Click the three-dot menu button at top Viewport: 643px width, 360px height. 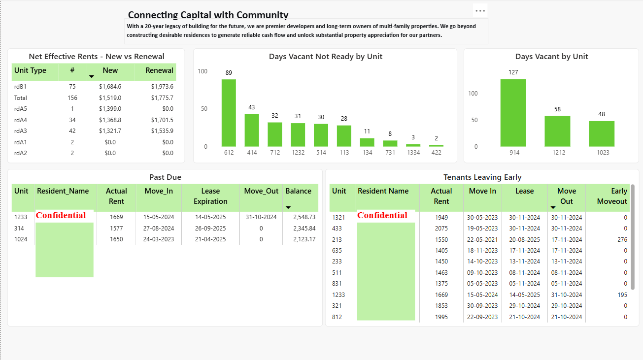(480, 11)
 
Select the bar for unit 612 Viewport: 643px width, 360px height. (229, 113)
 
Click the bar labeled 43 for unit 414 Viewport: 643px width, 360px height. (252, 130)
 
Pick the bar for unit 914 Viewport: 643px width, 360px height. (513, 113)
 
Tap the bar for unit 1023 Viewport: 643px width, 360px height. (601, 133)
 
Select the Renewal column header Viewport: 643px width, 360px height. (159, 70)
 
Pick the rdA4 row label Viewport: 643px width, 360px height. (21, 120)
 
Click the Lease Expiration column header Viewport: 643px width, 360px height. (210, 196)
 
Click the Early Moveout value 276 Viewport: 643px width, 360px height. (622, 240)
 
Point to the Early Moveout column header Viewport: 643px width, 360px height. (612, 196)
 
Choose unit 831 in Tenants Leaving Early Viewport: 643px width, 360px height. (337, 284)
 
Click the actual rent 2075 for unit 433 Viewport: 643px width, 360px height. (441, 229)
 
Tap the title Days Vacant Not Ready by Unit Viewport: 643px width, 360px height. (325, 57)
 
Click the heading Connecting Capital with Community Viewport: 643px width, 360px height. (208, 15)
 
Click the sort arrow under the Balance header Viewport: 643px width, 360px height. (288, 207)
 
